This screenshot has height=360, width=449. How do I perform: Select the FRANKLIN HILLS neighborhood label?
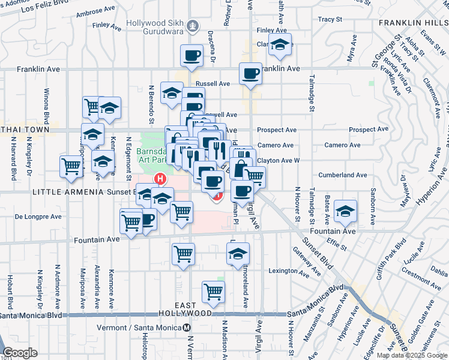(x=413, y=23)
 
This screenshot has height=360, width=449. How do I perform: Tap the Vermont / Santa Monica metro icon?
(x=187, y=328)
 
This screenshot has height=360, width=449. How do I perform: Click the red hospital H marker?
(x=160, y=178)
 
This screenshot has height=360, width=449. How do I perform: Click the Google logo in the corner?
(x=20, y=353)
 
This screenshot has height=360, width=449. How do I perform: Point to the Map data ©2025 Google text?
(x=412, y=355)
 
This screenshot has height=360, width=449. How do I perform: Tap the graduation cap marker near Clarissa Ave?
(x=280, y=44)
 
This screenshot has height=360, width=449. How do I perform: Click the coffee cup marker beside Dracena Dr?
(x=192, y=56)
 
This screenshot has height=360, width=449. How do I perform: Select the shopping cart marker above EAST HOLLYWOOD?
(x=214, y=292)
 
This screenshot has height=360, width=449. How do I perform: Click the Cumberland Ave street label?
(x=345, y=175)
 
